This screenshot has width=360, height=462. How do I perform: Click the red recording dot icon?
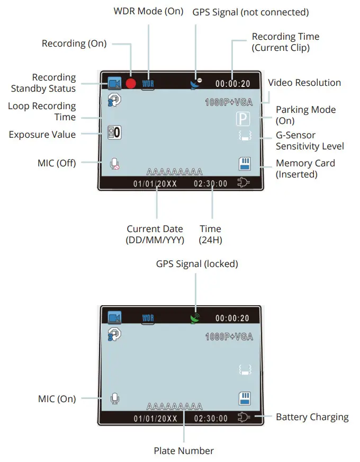(x=131, y=84)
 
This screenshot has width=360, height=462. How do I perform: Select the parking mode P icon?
(x=242, y=119)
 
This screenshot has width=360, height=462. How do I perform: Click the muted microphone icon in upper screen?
(x=114, y=164)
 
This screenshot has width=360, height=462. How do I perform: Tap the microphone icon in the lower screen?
(x=114, y=398)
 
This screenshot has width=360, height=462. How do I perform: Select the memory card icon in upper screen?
(x=245, y=164)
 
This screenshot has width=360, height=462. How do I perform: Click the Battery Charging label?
(x=312, y=417)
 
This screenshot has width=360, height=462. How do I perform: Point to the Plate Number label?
(x=184, y=451)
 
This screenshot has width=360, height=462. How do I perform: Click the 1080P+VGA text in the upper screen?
(x=229, y=102)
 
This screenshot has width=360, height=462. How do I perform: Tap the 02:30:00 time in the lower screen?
(x=211, y=418)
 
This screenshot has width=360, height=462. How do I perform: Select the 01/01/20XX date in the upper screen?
(x=155, y=184)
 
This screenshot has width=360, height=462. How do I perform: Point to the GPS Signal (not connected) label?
(x=250, y=12)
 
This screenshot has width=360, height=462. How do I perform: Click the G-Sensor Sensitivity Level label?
(x=310, y=140)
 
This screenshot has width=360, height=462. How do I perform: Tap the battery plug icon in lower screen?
(x=244, y=417)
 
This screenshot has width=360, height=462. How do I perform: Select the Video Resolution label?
(x=304, y=83)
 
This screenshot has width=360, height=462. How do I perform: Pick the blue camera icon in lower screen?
(x=114, y=318)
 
